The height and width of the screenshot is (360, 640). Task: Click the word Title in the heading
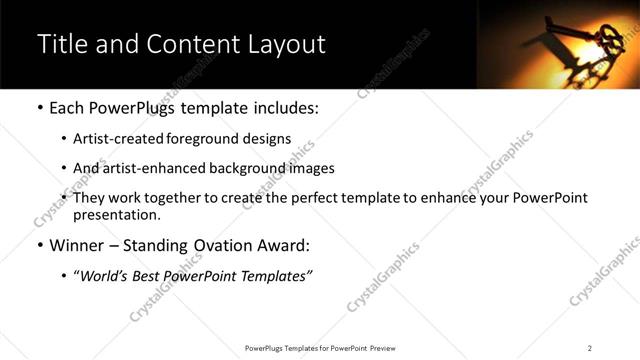coord(61,45)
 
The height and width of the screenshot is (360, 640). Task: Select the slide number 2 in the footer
coord(589,348)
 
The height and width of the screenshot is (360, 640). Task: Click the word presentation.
coord(116,214)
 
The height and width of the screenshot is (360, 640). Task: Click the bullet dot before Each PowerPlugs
coord(39,107)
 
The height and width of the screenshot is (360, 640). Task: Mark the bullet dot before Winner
coord(39,246)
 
